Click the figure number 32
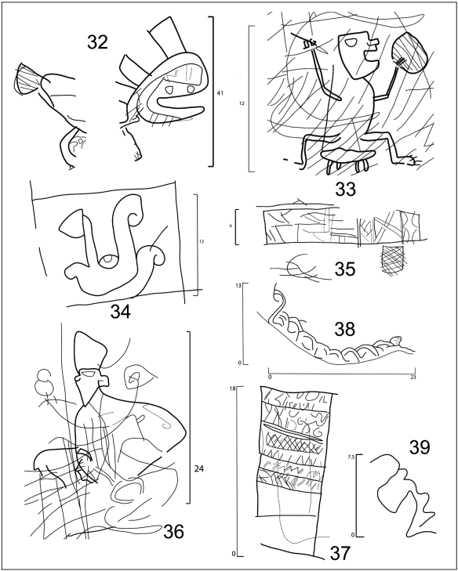98,42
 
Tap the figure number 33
345,189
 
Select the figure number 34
121,312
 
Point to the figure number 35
345,269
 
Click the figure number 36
173,532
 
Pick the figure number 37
340,553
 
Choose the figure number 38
344,329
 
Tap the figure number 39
420,447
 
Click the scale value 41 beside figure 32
220,93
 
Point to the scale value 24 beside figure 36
198,469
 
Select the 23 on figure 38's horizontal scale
413,378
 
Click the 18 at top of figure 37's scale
231,389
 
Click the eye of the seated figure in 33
351,42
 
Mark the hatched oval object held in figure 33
409,53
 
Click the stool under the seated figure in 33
348,158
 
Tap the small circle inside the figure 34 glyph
108,261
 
